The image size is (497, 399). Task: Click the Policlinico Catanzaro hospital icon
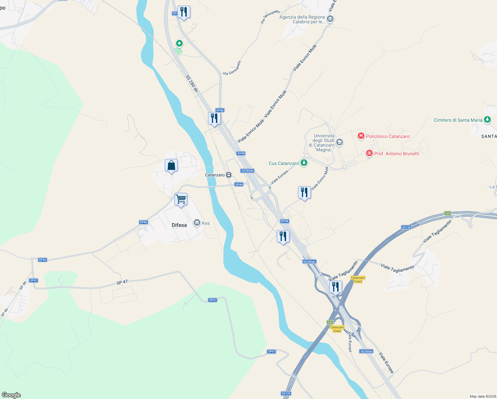point(361,136)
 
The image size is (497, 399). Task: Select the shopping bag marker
point(171,165)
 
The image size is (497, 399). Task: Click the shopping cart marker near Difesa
point(181,199)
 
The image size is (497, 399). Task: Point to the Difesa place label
point(179,225)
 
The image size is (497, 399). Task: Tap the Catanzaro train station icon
point(229,175)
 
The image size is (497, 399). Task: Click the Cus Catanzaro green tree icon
point(304,163)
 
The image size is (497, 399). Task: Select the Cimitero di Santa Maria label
point(458,120)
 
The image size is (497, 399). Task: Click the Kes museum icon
point(197,223)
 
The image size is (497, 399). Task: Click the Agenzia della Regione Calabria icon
point(330,19)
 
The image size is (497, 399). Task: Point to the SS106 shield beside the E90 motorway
point(406,227)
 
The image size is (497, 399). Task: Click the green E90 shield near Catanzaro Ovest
point(330,322)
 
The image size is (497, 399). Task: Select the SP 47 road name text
point(122,282)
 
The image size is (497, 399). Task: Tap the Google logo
point(11,395)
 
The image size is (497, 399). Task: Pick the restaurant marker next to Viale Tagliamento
point(336,287)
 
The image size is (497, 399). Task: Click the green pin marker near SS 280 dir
point(179,44)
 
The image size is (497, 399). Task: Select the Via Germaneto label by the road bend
point(232,68)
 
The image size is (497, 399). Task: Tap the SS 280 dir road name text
point(192,83)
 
